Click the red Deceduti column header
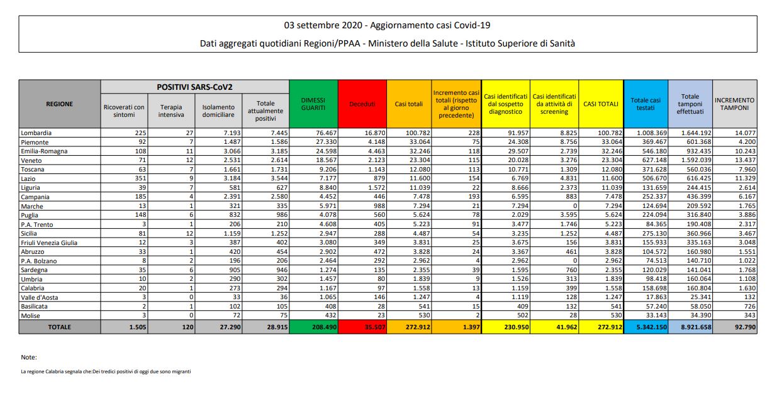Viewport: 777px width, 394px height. click(362, 104)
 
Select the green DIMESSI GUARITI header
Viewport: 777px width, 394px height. click(313, 104)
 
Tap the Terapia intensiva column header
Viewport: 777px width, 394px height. click(172, 111)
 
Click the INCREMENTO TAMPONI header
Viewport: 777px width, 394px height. click(734, 104)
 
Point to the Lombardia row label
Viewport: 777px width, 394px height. click(36, 133)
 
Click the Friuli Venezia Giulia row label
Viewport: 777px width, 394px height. click(49, 243)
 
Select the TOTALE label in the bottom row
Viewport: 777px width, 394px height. click(59, 327)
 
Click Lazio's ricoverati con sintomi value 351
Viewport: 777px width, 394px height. click(138, 178)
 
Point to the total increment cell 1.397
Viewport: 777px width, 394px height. click(466, 327)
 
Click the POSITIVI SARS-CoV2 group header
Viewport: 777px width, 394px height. click(194, 87)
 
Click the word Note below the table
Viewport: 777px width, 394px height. click(29, 357)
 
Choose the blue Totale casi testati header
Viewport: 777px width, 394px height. click(646, 104)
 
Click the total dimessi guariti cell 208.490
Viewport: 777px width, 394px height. click(313, 327)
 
